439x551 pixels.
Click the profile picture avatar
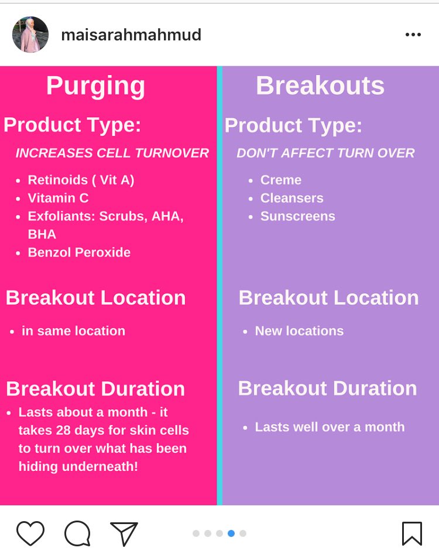tap(30, 35)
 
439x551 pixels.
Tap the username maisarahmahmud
tap(131, 35)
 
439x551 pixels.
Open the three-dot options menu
tap(413, 35)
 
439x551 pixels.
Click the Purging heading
tap(95, 86)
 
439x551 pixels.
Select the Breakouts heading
tap(320, 86)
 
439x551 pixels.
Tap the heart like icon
tap(30, 533)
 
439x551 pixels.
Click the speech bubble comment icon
tap(77, 533)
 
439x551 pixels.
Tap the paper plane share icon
tap(124, 533)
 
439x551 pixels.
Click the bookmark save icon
tap(411, 533)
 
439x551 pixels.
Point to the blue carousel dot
tap(231, 533)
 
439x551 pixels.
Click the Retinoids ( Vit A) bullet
tap(81, 180)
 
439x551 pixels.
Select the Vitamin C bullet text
tap(58, 198)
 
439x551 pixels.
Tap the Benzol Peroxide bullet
tap(79, 252)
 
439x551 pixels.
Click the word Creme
tap(281, 180)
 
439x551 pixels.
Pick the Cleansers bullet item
tap(291, 198)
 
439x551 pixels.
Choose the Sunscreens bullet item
tap(297, 216)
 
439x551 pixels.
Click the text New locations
tap(299, 331)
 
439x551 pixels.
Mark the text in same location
tap(73, 331)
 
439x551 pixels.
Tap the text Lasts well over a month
tap(330, 427)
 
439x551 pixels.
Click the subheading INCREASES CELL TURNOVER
tap(112, 153)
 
